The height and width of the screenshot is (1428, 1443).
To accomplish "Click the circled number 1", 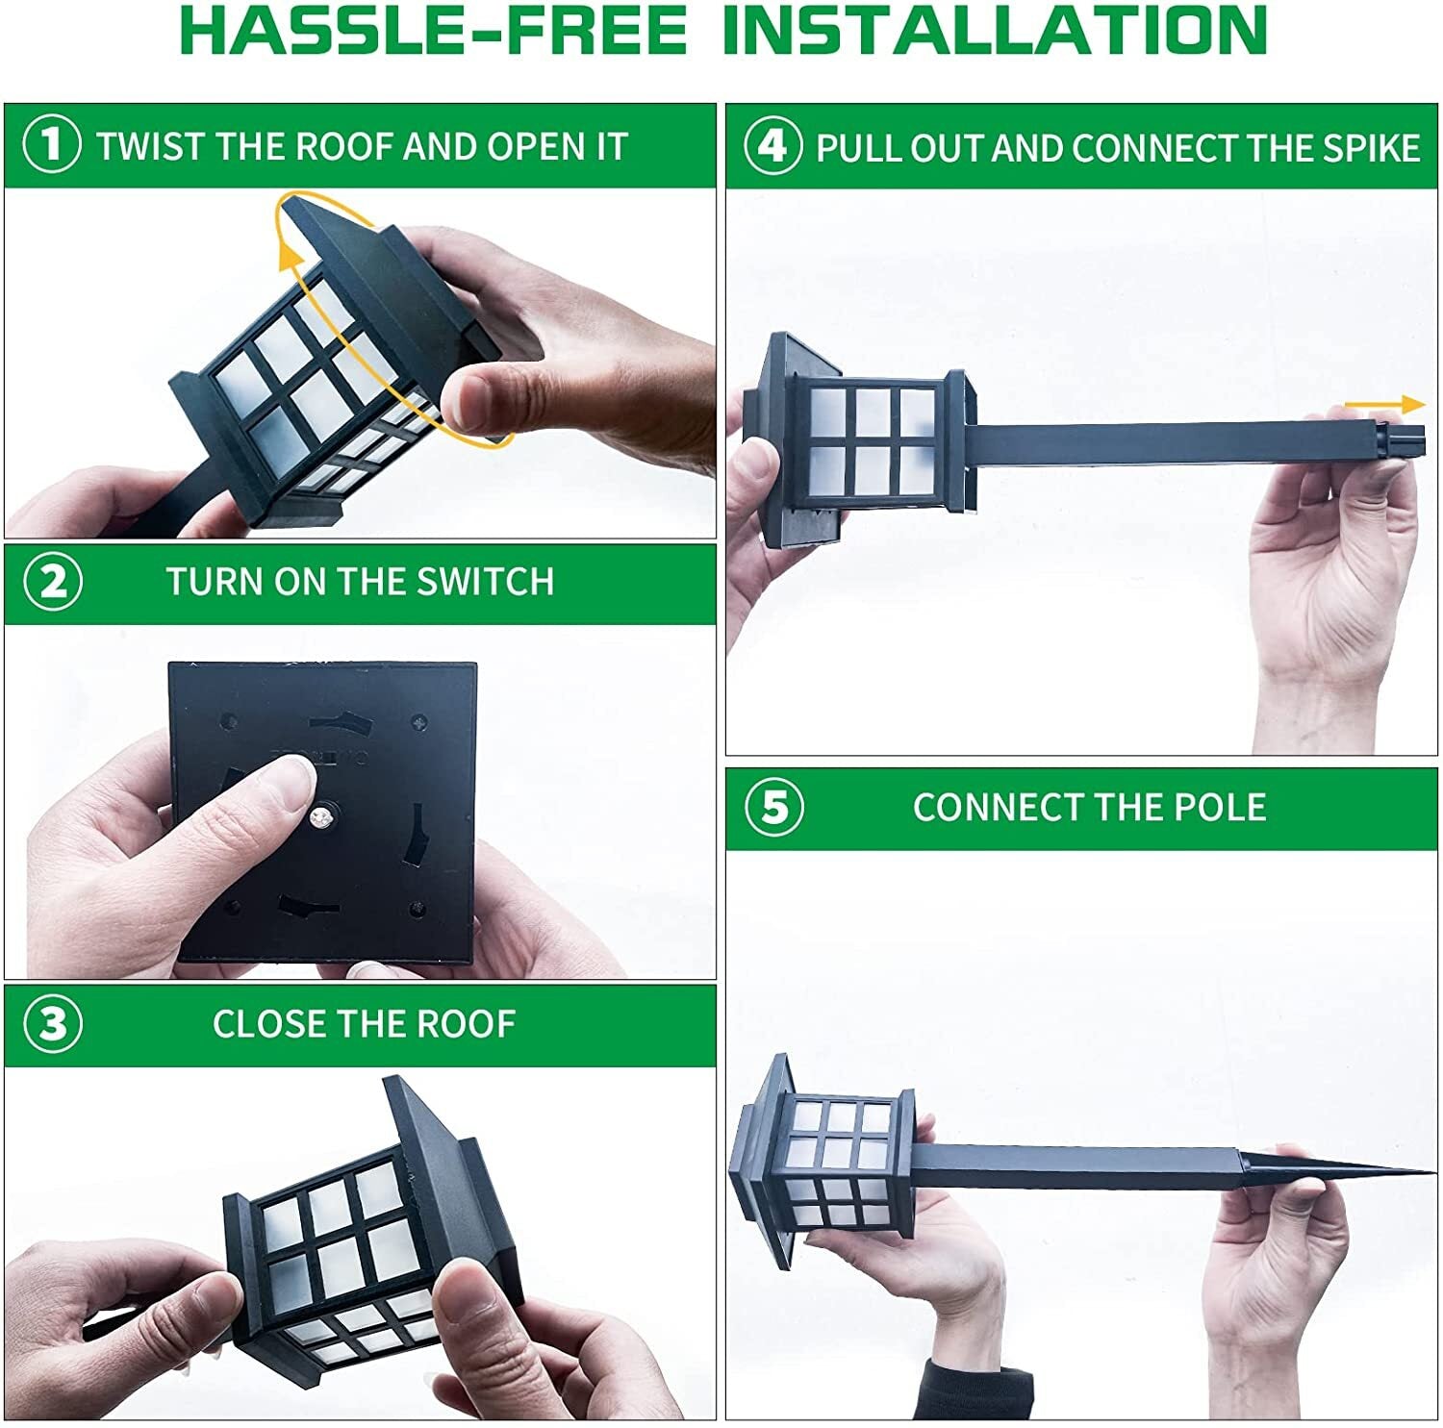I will [51, 145].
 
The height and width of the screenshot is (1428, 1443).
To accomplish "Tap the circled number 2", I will [53, 583].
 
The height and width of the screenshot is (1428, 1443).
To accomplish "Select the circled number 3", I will [53, 1024].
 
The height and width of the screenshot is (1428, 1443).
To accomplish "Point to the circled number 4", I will [772, 146].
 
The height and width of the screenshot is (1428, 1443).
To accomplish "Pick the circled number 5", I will [774, 807].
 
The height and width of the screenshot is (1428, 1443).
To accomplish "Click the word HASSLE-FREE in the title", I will [433, 31].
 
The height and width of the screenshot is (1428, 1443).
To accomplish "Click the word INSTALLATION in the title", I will [994, 31].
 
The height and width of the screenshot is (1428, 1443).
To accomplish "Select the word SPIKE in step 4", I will [1371, 148].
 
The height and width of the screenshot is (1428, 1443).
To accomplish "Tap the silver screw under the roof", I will [321, 818].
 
